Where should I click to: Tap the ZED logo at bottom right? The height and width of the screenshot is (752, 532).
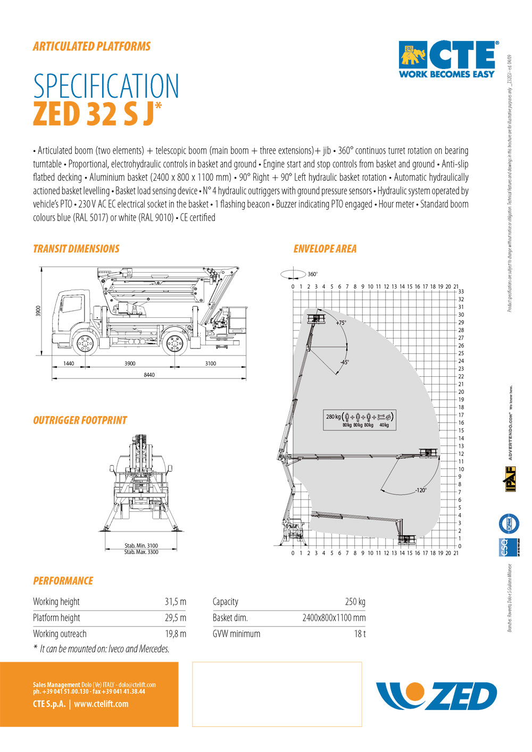coord(437,696)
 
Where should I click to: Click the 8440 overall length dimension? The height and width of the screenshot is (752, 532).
coord(149,375)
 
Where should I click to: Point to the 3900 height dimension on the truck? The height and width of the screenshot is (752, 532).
coord(38,311)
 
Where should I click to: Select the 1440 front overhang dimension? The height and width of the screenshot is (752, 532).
coord(69,364)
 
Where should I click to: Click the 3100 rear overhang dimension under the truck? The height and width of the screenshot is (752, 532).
coord(211,364)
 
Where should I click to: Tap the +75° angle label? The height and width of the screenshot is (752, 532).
coord(341,323)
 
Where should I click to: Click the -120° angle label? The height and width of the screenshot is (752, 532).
coord(421,490)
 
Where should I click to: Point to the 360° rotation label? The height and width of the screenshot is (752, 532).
coord(312,274)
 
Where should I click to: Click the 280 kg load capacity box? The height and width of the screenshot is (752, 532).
coord(360,419)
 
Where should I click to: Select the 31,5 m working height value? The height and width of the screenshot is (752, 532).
coord(175,602)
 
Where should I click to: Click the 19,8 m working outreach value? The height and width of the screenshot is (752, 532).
coord(175,633)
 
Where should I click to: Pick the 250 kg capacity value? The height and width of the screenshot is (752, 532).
coord(355,602)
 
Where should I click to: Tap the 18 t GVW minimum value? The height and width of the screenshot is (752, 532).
coord(360,633)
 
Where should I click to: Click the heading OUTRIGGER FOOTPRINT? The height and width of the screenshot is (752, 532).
coord(80,420)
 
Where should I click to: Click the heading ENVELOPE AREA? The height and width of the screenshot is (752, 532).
coord(325,249)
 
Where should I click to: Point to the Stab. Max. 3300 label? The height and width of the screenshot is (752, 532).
coord(141,552)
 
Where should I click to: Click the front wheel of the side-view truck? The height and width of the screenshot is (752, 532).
coord(85,344)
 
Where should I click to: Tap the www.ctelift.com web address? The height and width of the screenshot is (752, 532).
coord(101,704)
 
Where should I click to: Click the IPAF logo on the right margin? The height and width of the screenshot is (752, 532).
coord(511,479)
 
